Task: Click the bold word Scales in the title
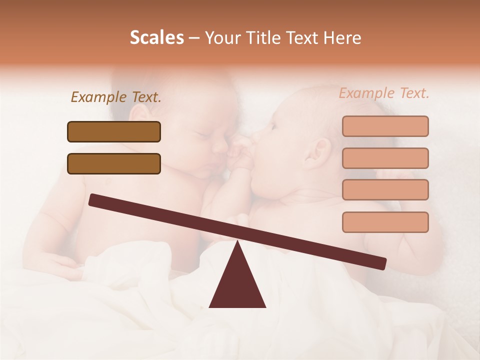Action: [x=156, y=37]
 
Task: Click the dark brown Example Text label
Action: [x=116, y=97]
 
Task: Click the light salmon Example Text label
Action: [x=384, y=93]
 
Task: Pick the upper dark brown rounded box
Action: [x=114, y=131]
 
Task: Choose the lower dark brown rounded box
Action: [x=114, y=163]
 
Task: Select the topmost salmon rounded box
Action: [x=385, y=126]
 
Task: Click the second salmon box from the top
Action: [x=385, y=158]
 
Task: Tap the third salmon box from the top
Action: [x=385, y=189]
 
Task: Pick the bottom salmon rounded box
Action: [x=385, y=222]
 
